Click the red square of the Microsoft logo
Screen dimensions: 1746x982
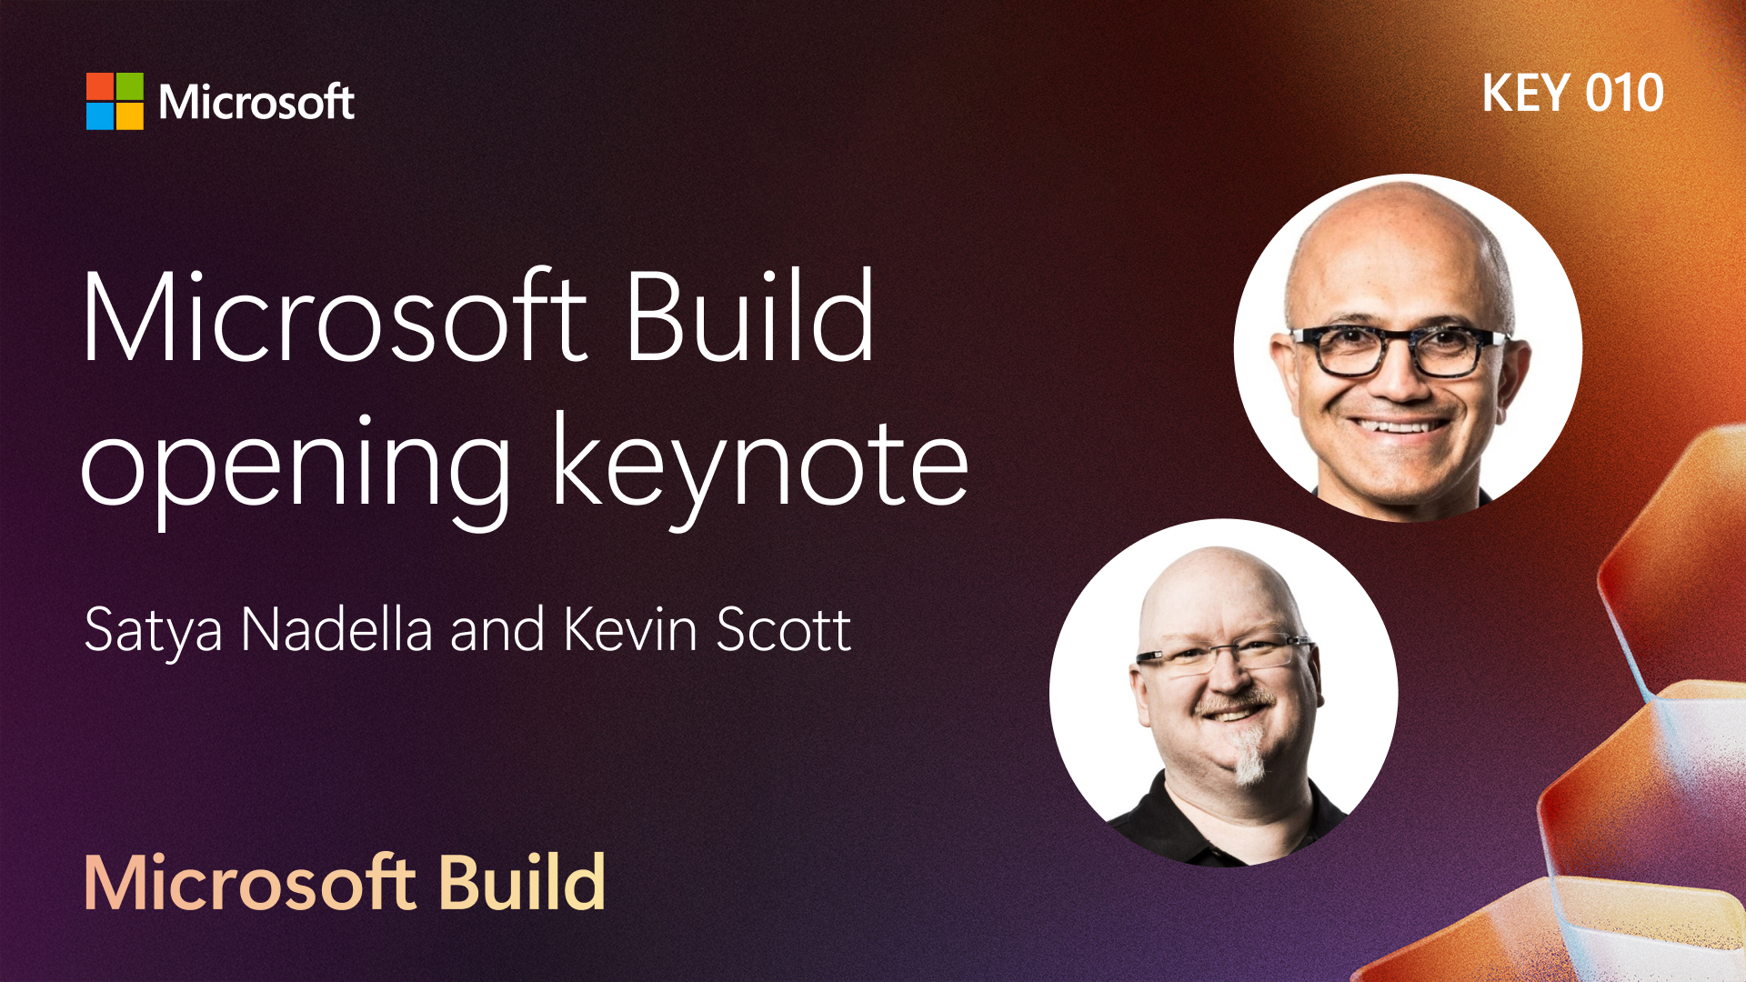click(100, 86)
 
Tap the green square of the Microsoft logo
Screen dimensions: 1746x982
click(130, 86)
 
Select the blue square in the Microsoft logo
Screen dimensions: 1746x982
click(100, 116)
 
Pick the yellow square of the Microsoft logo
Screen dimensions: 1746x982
click(130, 116)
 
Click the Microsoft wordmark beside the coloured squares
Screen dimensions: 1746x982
click(256, 102)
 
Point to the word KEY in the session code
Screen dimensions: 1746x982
click(1526, 93)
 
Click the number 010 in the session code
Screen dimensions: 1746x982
click(1625, 93)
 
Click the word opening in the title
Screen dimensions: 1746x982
click(296, 468)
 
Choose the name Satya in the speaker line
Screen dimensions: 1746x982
click(154, 631)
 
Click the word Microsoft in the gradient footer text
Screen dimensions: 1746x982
click(250, 883)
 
